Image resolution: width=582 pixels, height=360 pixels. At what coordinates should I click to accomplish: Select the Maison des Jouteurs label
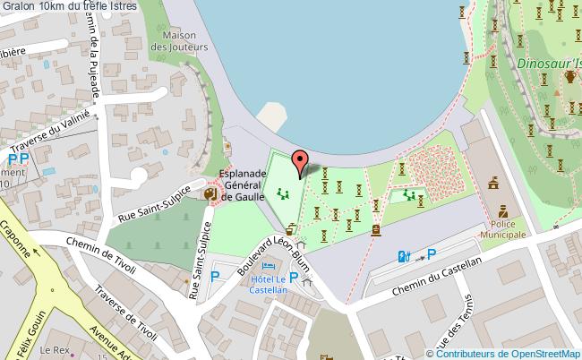pyautogui.click(x=185, y=40)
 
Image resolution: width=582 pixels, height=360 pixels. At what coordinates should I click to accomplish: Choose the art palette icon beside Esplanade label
pyautogui.click(x=210, y=193)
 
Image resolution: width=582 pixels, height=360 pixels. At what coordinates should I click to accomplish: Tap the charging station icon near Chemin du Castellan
pyautogui.click(x=405, y=256)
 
